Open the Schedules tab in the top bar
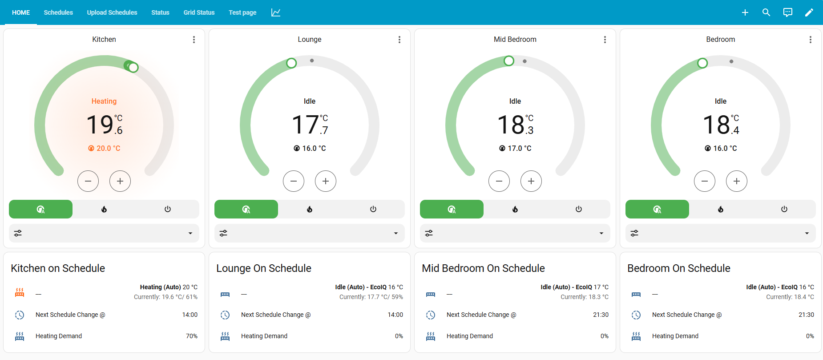(58, 12)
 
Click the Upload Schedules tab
(112, 12)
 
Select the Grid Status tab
(199, 12)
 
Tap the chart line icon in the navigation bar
(276, 12)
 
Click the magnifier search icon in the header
(766, 12)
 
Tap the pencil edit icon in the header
(809, 12)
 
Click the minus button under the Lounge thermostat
(294, 181)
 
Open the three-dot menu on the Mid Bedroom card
(605, 40)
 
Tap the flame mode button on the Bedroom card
(721, 209)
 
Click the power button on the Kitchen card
(168, 209)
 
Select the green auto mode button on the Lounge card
(246, 209)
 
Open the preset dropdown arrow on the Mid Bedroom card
(601, 233)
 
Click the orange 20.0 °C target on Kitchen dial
(105, 148)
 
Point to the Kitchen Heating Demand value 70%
(192, 336)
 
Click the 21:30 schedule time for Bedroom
(806, 315)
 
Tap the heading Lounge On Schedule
(264, 268)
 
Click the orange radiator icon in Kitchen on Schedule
(20, 292)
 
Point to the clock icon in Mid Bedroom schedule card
(431, 315)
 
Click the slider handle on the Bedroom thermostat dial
(702, 63)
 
